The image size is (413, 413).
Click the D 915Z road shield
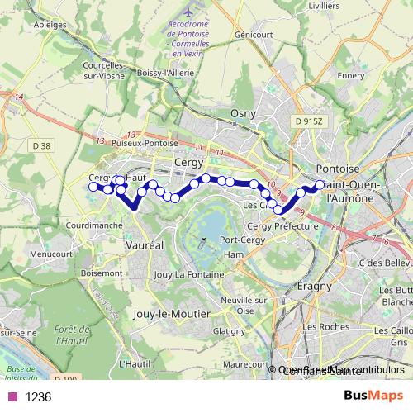click(311, 121)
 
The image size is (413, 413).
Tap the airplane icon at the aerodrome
click(189, 14)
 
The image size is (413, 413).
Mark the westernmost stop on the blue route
click(93, 187)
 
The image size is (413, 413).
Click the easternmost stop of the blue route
click(320, 184)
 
